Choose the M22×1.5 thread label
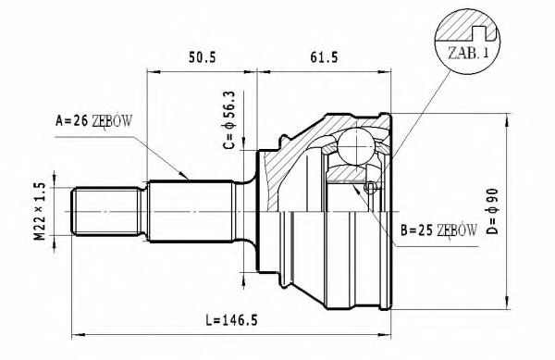[x=39, y=213]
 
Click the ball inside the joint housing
[x=352, y=145]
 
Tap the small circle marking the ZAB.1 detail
[x=370, y=188]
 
